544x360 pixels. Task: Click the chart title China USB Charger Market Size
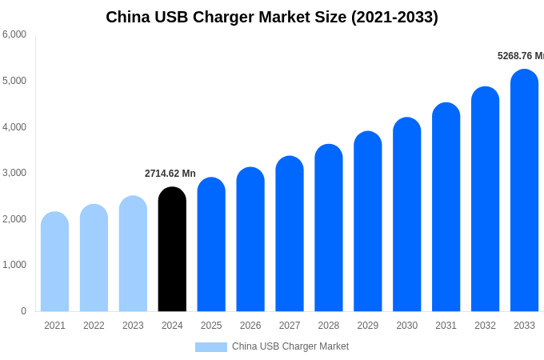pyautogui.click(x=272, y=17)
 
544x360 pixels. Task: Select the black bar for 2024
pyautogui.click(x=172, y=250)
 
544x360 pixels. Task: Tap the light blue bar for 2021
pyautogui.click(x=54, y=262)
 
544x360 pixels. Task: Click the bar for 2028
pyautogui.click(x=329, y=228)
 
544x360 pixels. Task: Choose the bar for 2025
pyautogui.click(x=211, y=245)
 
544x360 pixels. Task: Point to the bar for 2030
pyautogui.click(x=406, y=214)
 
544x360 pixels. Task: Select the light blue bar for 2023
pyautogui.click(x=133, y=254)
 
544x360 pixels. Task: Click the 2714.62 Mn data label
pyautogui.click(x=170, y=174)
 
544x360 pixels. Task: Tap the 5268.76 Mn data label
pyautogui.click(x=520, y=56)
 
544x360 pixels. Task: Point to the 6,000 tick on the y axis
pyautogui.click(x=14, y=34)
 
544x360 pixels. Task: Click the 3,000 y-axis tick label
pyautogui.click(x=14, y=173)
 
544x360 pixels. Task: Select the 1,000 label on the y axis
pyautogui.click(x=14, y=265)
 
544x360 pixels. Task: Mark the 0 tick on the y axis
pyautogui.click(x=23, y=311)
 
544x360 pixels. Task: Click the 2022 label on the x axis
pyautogui.click(x=94, y=326)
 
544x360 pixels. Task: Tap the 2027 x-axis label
pyautogui.click(x=290, y=326)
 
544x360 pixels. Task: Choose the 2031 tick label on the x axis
pyautogui.click(x=446, y=326)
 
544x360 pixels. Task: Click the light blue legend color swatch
pyautogui.click(x=211, y=346)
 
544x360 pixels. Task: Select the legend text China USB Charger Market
pyautogui.click(x=290, y=346)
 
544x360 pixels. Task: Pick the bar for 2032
pyautogui.click(x=485, y=199)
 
